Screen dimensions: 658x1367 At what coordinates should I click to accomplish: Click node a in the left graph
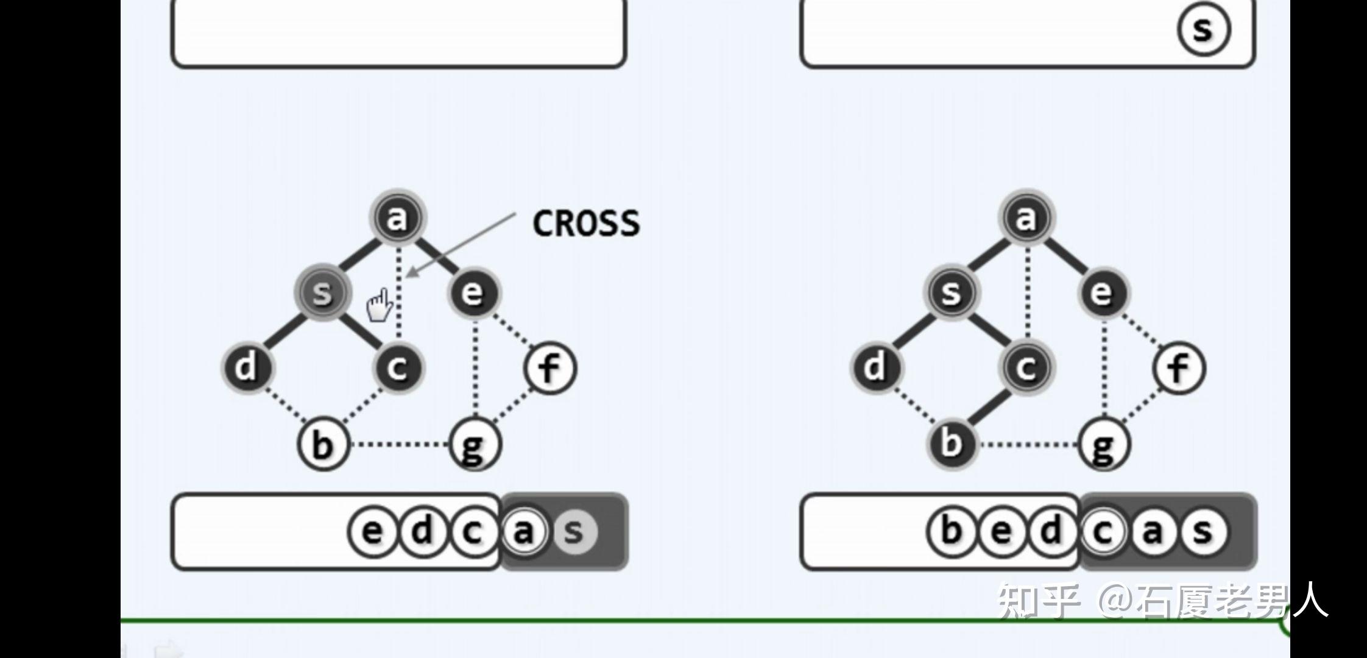tap(397, 218)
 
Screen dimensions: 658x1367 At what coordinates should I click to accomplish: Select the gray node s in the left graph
tap(322, 292)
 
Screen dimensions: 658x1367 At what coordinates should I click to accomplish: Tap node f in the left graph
tap(549, 368)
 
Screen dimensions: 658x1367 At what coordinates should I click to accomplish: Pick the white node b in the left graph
tap(323, 444)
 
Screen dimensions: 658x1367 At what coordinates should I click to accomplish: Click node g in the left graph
tap(475, 444)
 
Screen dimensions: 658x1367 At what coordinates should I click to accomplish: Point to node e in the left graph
tap(473, 293)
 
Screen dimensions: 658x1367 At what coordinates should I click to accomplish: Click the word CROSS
tap(586, 224)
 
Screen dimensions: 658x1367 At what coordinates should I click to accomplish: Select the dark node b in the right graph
tap(951, 443)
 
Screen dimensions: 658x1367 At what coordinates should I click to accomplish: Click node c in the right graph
tap(1026, 367)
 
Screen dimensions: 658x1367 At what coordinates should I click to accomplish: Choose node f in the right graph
tap(1179, 368)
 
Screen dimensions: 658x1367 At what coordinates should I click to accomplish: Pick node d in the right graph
tap(875, 367)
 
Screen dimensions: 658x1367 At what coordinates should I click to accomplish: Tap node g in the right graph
tap(1103, 444)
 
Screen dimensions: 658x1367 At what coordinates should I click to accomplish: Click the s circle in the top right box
tap(1203, 29)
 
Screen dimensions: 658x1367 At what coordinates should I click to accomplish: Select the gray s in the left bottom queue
tap(574, 532)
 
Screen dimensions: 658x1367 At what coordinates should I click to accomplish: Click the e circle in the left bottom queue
tap(373, 532)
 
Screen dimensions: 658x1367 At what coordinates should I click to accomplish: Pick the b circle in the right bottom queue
tap(951, 532)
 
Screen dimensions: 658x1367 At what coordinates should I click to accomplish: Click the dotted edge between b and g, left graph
tap(399, 444)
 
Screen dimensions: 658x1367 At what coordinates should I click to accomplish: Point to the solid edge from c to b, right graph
tap(989, 406)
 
